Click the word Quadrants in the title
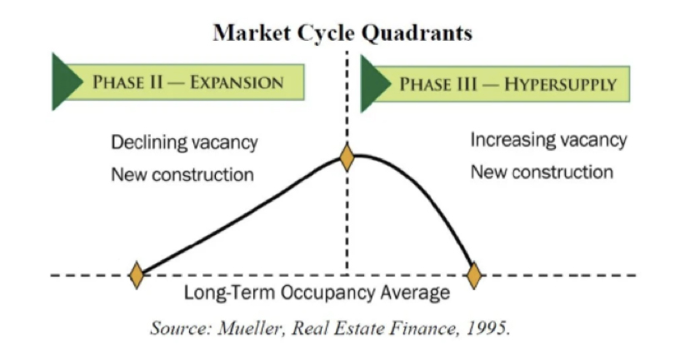(x=417, y=33)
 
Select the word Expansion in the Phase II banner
(x=237, y=82)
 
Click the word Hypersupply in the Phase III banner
(x=561, y=84)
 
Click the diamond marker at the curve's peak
(x=347, y=157)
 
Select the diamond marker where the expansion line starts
(x=137, y=275)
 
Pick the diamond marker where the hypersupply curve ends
(x=474, y=276)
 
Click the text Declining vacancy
(x=184, y=142)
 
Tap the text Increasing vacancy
(x=548, y=140)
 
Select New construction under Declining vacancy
(x=182, y=175)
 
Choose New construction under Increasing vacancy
(x=542, y=172)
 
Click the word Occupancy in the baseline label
(x=328, y=292)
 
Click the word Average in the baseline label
(x=415, y=292)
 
